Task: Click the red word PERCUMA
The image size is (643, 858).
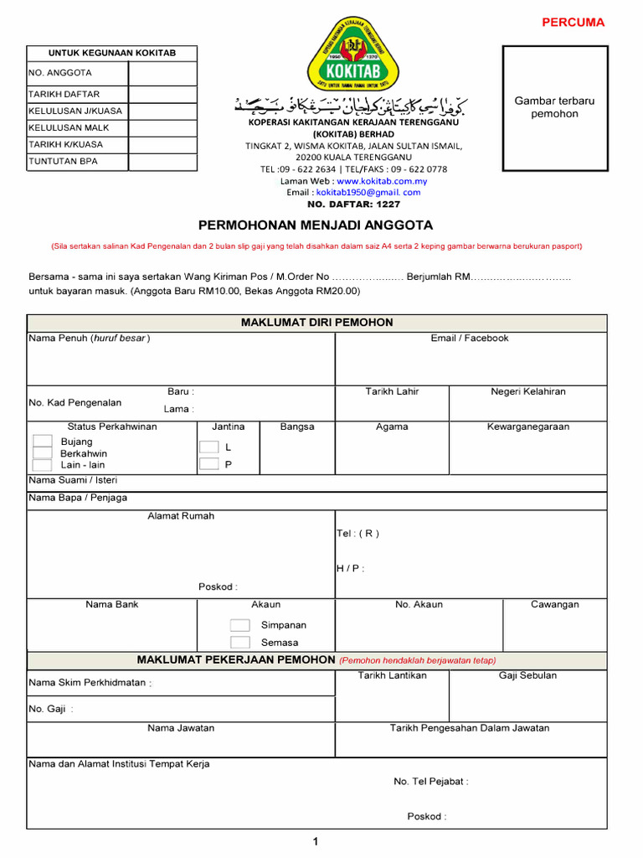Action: (x=574, y=23)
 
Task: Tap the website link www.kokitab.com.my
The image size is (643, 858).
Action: (x=381, y=181)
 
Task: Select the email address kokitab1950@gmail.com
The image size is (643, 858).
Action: (x=368, y=193)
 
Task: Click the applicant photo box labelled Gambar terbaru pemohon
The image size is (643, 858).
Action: (x=554, y=108)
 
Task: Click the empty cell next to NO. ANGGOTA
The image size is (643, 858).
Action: (x=162, y=73)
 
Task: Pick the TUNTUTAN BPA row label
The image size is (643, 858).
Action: (x=64, y=161)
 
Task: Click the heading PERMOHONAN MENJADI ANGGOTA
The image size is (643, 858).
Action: (x=316, y=225)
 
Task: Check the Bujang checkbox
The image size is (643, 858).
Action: (x=42, y=442)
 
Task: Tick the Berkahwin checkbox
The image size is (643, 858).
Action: (x=42, y=453)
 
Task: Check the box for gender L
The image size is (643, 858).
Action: (x=208, y=447)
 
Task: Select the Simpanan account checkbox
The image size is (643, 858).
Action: (x=239, y=625)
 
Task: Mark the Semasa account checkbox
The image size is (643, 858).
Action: (x=239, y=643)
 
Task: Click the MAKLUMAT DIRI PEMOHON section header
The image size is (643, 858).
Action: (x=316, y=323)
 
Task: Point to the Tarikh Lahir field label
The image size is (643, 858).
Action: (x=392, y=392)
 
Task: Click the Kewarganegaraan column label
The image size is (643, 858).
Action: (x=528, y=427)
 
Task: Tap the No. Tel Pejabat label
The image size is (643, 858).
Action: (x=430, y=782)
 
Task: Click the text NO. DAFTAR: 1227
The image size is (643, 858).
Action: (x=354, y=204)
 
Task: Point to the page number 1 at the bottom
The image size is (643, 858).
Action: (x=316, y=842)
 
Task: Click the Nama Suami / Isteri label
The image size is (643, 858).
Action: (x=74, y=480)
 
